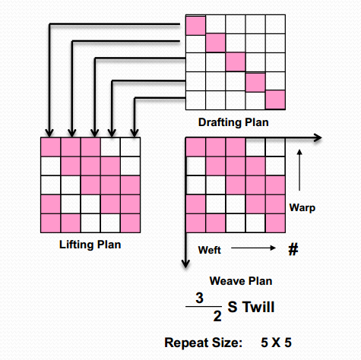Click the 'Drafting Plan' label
pyautogui.click(x=235, y=122)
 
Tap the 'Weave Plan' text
pyautogui.click(x=242, y=280)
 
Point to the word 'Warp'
pyautogui.click(x=302, y=207)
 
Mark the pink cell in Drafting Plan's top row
pyautogui.click(x=196, y=24)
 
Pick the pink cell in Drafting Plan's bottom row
pyautogui.click(x=274, y=100)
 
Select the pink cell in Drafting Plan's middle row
pyautogui.click(x=236, y=62)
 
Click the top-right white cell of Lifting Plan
pyautogui.click(x=131, y=147)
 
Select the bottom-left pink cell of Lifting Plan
pyautogui.click(x=50, y=223)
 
